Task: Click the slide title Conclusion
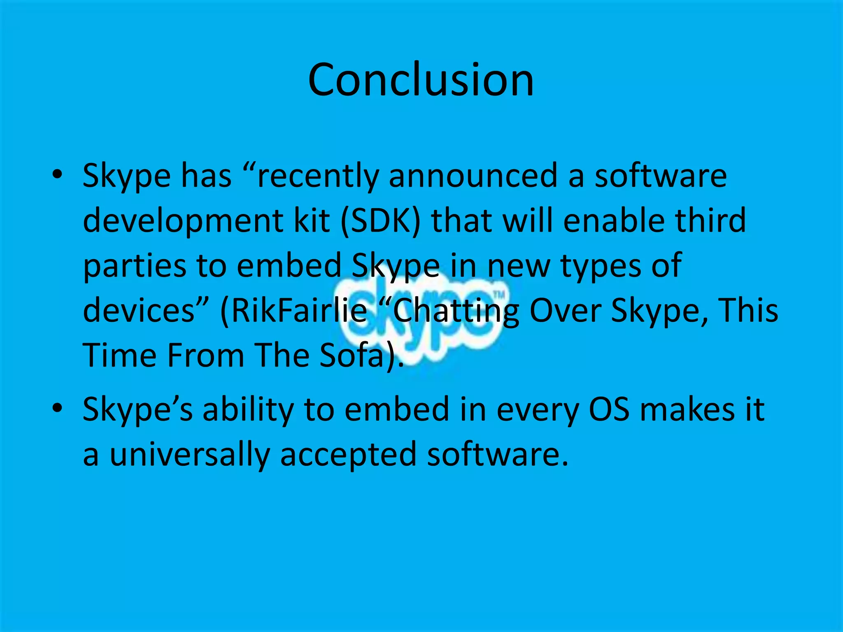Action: coord(421,80)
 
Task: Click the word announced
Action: coord(473,176)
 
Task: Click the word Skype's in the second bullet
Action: coord(137,411)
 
